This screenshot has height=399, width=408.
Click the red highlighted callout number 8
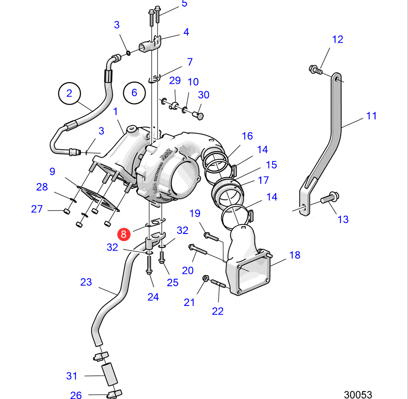pos(124,234)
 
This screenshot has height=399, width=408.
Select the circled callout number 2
pos(69,93)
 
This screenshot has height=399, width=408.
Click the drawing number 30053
pos(358,394)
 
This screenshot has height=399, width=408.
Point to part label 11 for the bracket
pos(372,116)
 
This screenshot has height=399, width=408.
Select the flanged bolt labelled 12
pos(315,69)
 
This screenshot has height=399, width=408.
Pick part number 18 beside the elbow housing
pos(295,255)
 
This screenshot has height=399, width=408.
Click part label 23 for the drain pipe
pos(86,282)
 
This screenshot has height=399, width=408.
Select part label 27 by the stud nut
pos(37,209)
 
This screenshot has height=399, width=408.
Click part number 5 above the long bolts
pos(184,4)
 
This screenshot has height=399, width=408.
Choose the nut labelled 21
pos(205,279)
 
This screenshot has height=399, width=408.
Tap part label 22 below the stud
pos(218,311)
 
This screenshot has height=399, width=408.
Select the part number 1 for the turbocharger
pos(116,111)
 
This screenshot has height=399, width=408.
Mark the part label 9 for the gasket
pos(52,171)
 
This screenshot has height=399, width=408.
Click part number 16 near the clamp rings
pos(248,136)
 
